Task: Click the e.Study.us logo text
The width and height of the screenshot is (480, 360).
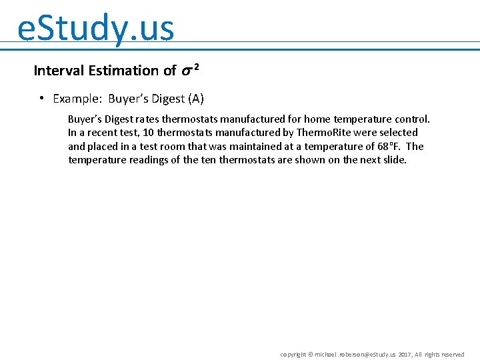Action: point(95,28)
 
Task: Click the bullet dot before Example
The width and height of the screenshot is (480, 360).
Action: point(41,99)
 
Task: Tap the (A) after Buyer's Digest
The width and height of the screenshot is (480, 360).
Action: point(196,99)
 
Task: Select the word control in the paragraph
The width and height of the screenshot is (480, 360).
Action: point(412,119)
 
